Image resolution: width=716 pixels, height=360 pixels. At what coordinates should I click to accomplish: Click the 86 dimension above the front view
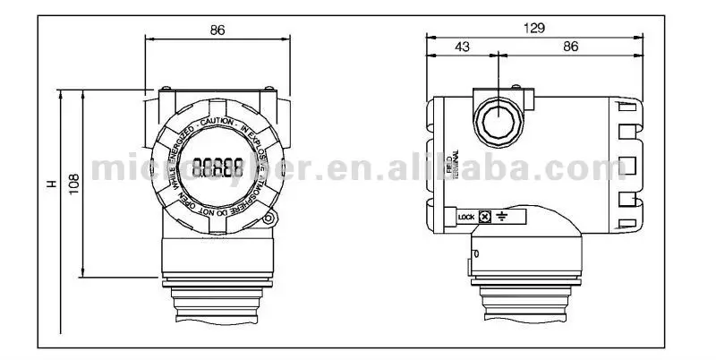click(217, 30)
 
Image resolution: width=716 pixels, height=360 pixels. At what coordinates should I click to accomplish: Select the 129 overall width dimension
click(533, 28)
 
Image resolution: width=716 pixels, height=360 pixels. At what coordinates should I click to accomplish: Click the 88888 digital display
click(217, 167)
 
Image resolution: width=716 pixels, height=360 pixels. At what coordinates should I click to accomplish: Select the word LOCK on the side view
click(465, 217)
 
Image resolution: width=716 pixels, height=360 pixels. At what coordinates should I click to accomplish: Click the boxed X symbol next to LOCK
click(484, 217)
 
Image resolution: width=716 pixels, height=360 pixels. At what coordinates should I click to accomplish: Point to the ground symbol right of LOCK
click(501, 217)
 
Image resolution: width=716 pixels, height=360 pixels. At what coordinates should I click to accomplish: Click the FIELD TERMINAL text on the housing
click(453, 164)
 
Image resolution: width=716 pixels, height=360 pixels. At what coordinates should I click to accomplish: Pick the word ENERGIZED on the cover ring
click(177, 148)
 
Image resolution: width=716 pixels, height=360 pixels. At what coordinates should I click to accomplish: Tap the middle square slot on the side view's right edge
click(629, 165)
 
